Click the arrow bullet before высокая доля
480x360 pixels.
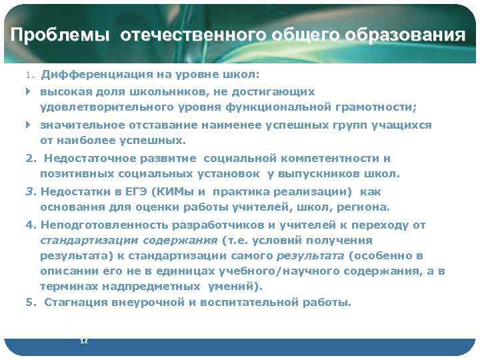(28, 91)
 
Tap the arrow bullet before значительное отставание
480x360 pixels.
(28, 125)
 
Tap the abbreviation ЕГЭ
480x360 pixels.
(135, 191)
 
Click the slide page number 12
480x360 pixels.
(83, 341)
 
